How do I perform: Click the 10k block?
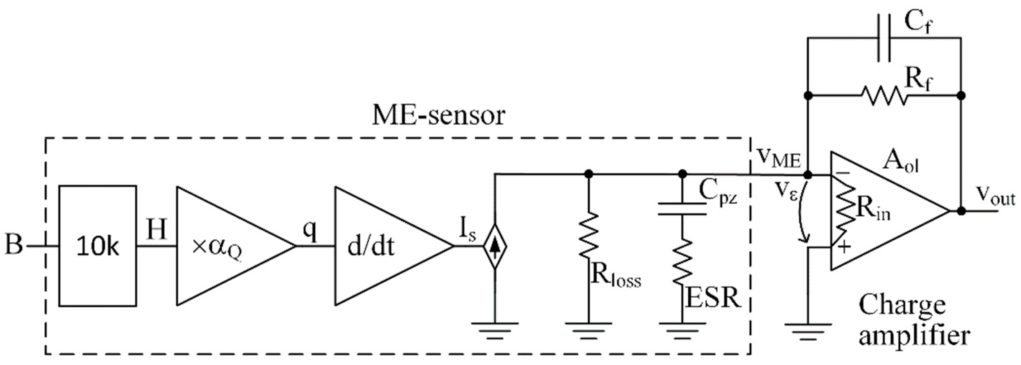[x=98, y=246]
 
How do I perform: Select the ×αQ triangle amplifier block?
[x=222, y=246]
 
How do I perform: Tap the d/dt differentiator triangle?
[x=380, y=246]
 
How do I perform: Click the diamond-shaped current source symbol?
[x=495, y=246]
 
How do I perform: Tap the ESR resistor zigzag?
[x=682, y=261]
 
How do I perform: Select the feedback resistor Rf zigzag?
[x=884, y=96]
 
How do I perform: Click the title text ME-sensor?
[x=438, y=115]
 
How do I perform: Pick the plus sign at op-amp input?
[x=844, y=247]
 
